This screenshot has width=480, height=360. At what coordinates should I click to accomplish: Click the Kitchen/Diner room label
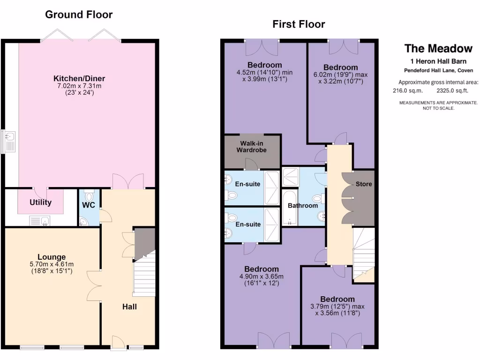(x=79, y=78)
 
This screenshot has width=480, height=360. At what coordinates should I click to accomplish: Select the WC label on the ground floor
(x=89, y=205)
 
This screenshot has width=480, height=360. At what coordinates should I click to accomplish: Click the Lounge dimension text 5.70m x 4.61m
(x=52, y=264)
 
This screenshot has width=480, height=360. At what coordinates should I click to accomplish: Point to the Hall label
(x=129, y=307)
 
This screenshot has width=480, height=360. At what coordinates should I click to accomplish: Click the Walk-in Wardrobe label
(x=253, y=147)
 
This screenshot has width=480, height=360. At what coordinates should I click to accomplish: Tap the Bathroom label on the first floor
(x=303, y=205)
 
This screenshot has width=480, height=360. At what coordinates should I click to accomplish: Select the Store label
(x=363, y=184)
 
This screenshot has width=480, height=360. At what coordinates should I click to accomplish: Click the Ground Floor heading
(x=79, y=15)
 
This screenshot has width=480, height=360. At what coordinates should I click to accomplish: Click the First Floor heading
(x=299, y=24)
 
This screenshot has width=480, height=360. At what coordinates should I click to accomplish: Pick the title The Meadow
(x=438, y=48)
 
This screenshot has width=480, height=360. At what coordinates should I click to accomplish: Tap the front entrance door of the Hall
(x=118, y=345)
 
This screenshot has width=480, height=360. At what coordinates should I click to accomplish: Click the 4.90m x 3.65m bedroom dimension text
(x=261, y=277)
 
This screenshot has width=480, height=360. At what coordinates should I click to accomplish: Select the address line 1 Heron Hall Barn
(x=438, y=61)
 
